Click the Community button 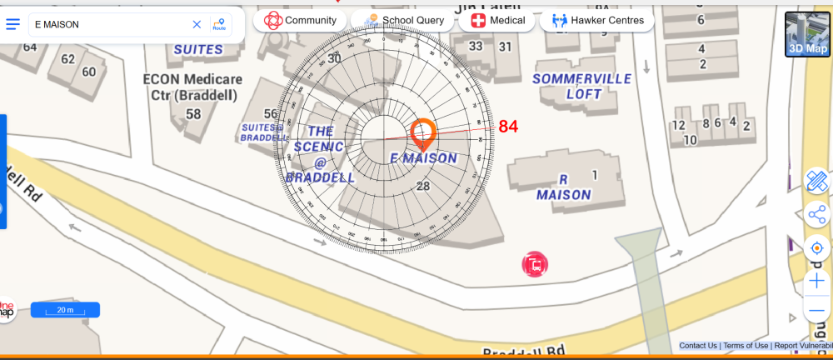click(301, 20)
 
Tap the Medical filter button click(498, 20)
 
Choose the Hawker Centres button click(596, 20)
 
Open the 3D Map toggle click(807, 34)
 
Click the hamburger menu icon click(13, 24)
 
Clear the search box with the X click(197, 25)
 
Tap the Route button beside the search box click(219, 25)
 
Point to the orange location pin click(423, 133)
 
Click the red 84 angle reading click(508, 127)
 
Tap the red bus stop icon click(535, 265)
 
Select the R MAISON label click(563, 187)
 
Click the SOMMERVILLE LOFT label click(582, 86)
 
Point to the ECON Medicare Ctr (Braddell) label click(192, 87)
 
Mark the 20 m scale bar click(65, 310)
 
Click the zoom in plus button click(817, 281)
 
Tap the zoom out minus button click(817, 311)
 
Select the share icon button click(817, 214)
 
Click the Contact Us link click(698, 346)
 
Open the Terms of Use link click(746, 346)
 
